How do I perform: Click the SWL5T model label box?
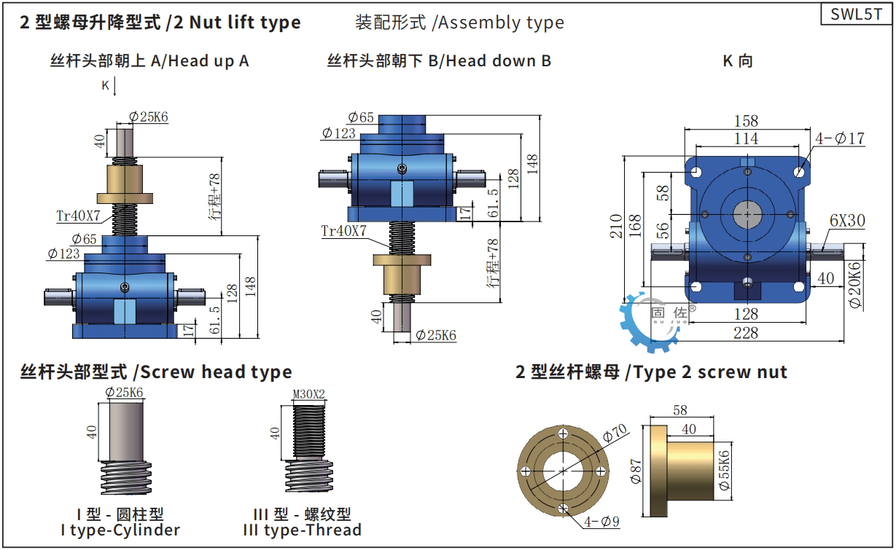[857, 14]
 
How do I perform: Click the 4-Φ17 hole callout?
[840, 138]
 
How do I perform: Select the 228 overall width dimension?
[746, 333]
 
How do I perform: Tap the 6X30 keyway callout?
[847, 220]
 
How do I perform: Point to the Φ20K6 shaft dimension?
[854, 285]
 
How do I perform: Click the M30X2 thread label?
[308, 394]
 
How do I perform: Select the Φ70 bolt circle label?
[615, 433]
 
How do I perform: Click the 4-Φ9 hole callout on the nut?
[601, 521]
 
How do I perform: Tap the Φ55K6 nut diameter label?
[724, 471]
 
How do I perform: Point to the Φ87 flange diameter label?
[636, 471]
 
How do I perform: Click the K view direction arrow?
[114, 87]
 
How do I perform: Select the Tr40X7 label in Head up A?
[78, 216]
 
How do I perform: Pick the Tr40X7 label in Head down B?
[343, 231]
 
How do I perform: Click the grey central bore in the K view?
[747, 215]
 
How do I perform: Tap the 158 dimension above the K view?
[746, 121]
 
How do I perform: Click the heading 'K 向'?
[738, 60]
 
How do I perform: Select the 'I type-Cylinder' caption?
[120, 530]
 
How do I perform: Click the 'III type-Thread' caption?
[303, 530]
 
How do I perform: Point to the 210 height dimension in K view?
[616, 227]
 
